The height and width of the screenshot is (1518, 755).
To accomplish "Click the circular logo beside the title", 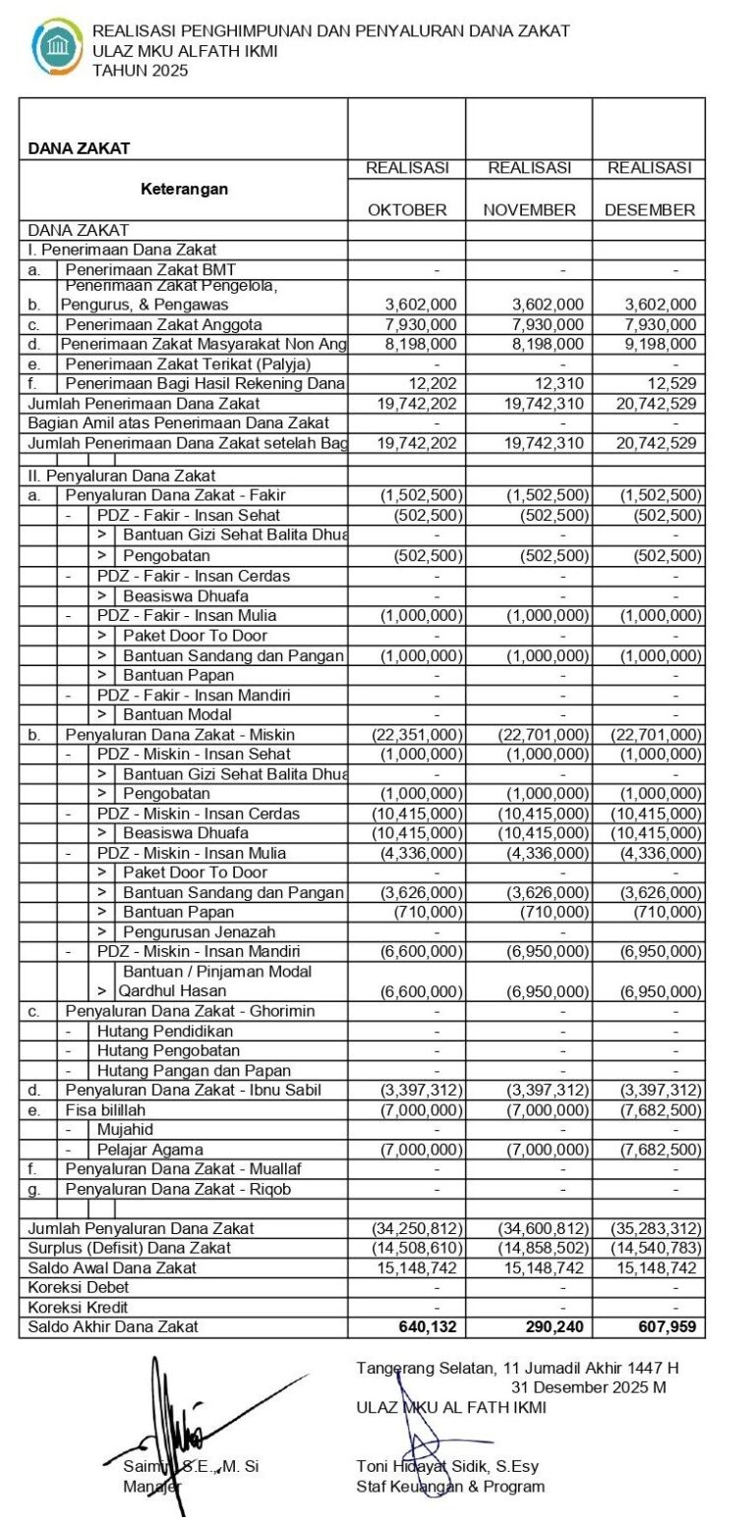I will [x=58, y=48].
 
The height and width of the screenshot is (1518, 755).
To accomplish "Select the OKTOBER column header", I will [x=407, y=209].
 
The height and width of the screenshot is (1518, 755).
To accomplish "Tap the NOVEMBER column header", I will [x=529, y=209].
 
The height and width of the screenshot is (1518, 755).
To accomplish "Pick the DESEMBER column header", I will [x=649, y=209].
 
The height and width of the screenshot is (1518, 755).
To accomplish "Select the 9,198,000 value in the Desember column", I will [x=660, y=344].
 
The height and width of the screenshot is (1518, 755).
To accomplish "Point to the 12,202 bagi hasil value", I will [x=433, y=383].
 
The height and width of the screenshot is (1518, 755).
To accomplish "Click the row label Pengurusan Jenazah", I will [x=199, y=931].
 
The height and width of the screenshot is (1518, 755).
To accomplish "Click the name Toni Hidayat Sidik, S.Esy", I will [x=447, y=1467].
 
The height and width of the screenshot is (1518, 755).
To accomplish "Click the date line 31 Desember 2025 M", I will [x=588, y=1386].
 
